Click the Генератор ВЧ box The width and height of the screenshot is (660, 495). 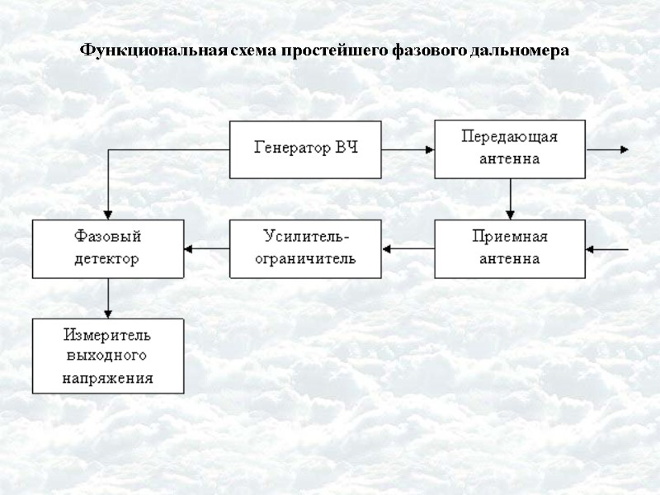click(305, 149)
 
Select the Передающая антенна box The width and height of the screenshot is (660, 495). click(510, 149)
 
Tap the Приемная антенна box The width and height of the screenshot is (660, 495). click(510, 248)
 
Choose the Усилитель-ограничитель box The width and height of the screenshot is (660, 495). click(305, 248)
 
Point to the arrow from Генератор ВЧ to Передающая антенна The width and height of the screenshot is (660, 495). click(408, 149)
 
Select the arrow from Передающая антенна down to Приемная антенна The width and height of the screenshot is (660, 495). click(511, 199)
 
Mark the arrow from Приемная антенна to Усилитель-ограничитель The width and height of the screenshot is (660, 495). click(408, 248)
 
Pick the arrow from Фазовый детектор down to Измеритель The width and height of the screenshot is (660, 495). click(108, 298)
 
